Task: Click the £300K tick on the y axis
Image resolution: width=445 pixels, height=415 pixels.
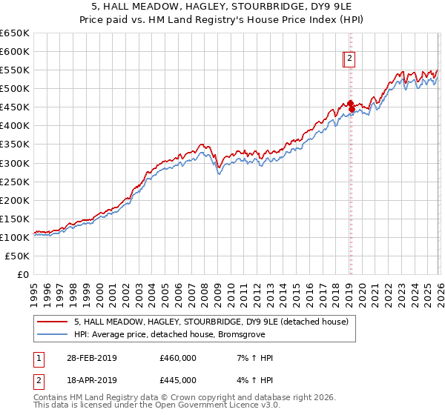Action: (14, 163)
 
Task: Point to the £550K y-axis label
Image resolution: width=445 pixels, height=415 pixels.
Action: (14, 70)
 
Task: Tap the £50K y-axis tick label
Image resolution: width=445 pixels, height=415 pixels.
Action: (17, 256)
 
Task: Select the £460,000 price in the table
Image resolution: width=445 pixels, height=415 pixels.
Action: (178, 358)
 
